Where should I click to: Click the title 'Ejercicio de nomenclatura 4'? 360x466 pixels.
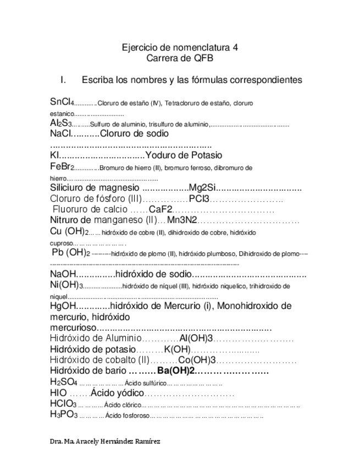[x=180, y=48]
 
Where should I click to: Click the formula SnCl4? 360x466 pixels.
[x=62, y=102]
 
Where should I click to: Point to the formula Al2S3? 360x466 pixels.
[x=59, y=124]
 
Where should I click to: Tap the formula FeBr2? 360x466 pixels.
[x=61, y=167]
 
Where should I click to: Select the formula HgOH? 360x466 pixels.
[x=62, y=306]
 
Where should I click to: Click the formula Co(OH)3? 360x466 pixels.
[x=196, y=360]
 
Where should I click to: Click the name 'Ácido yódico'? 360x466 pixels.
[x=118, y=393]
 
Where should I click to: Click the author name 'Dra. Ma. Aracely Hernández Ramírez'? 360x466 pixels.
[x=105, y=441]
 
